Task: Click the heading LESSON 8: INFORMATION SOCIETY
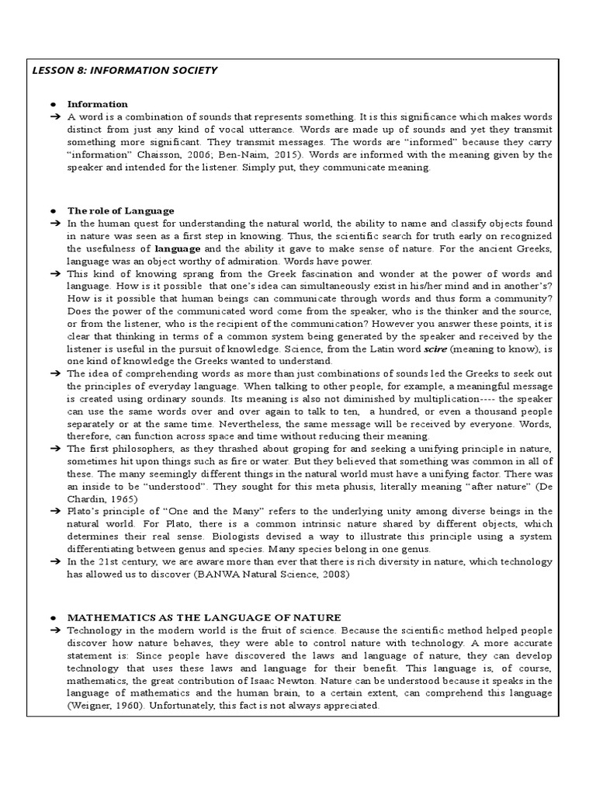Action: tap(125, 71)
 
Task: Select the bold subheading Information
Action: tap(97, 104)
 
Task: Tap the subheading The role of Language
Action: tap(120, 210)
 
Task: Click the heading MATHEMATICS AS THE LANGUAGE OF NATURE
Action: tap(204, 617)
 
